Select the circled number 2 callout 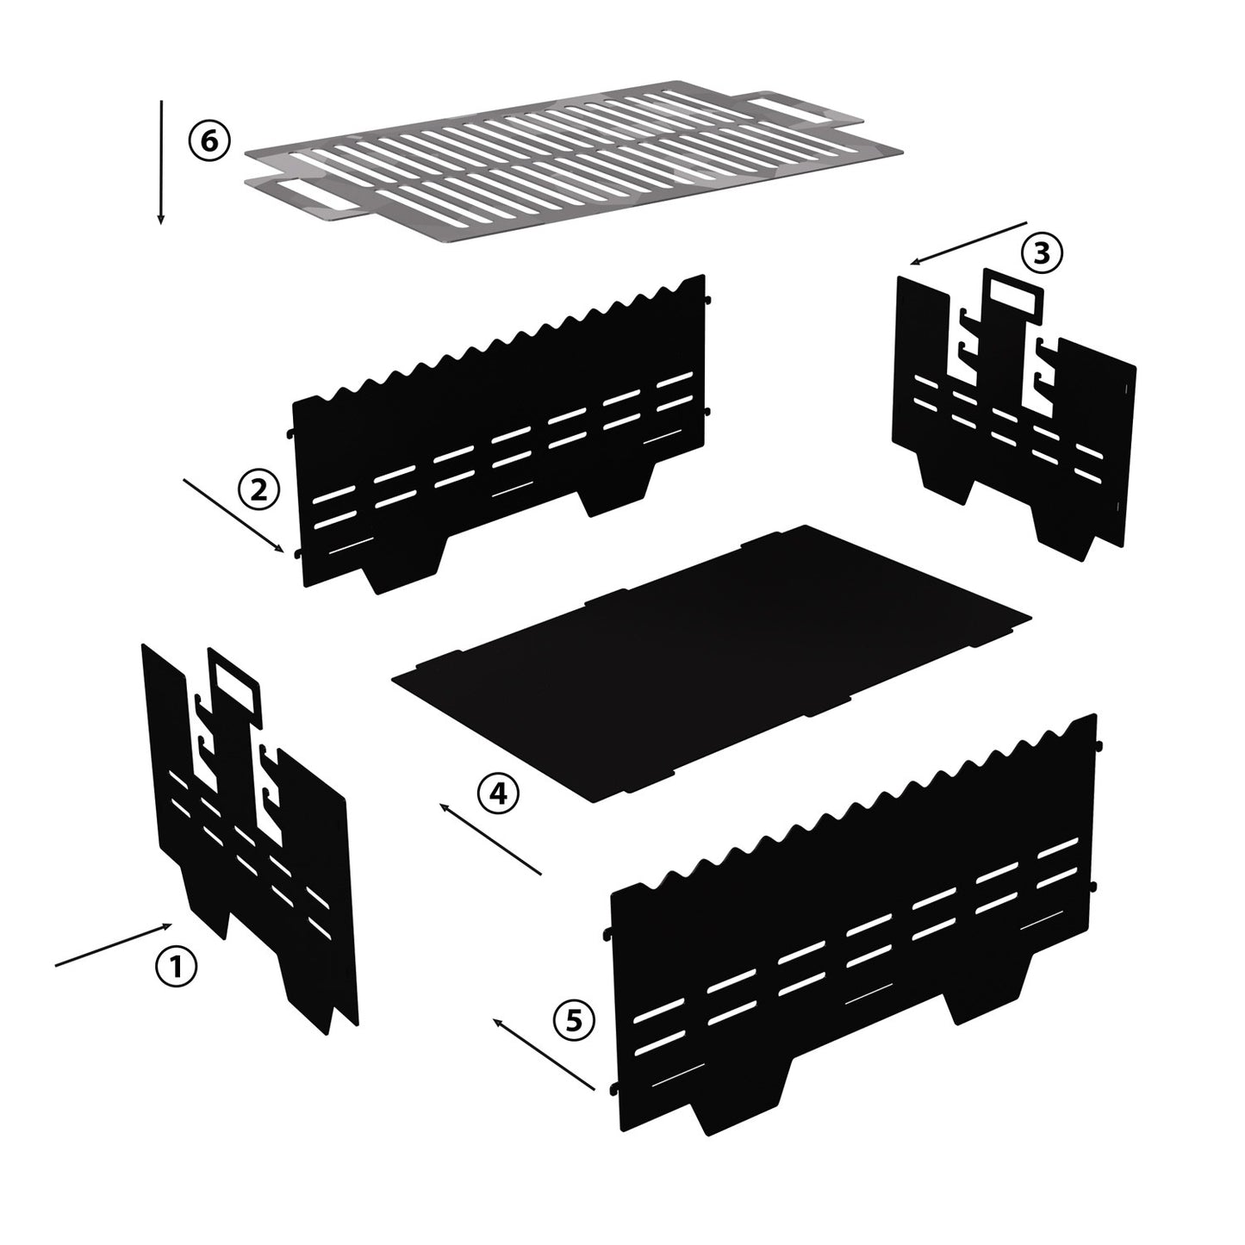pyautogui.click(x=258, y=490)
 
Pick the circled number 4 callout pyautogui.click(x=497, y=794)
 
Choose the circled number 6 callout pyautogui.click(x=209, y=140)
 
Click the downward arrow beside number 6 pyautogui.click(x=161, y=163)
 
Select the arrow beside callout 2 pyautogui.click(x=233, y=515)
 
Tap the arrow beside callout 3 pyautogui.click(x=968, y=244)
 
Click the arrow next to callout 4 pyautogui.click(x=489, y=838)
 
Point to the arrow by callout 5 pyautogui.click(x=544, y=1054)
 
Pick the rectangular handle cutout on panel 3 pyautogui.click(x=1014, y=296)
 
